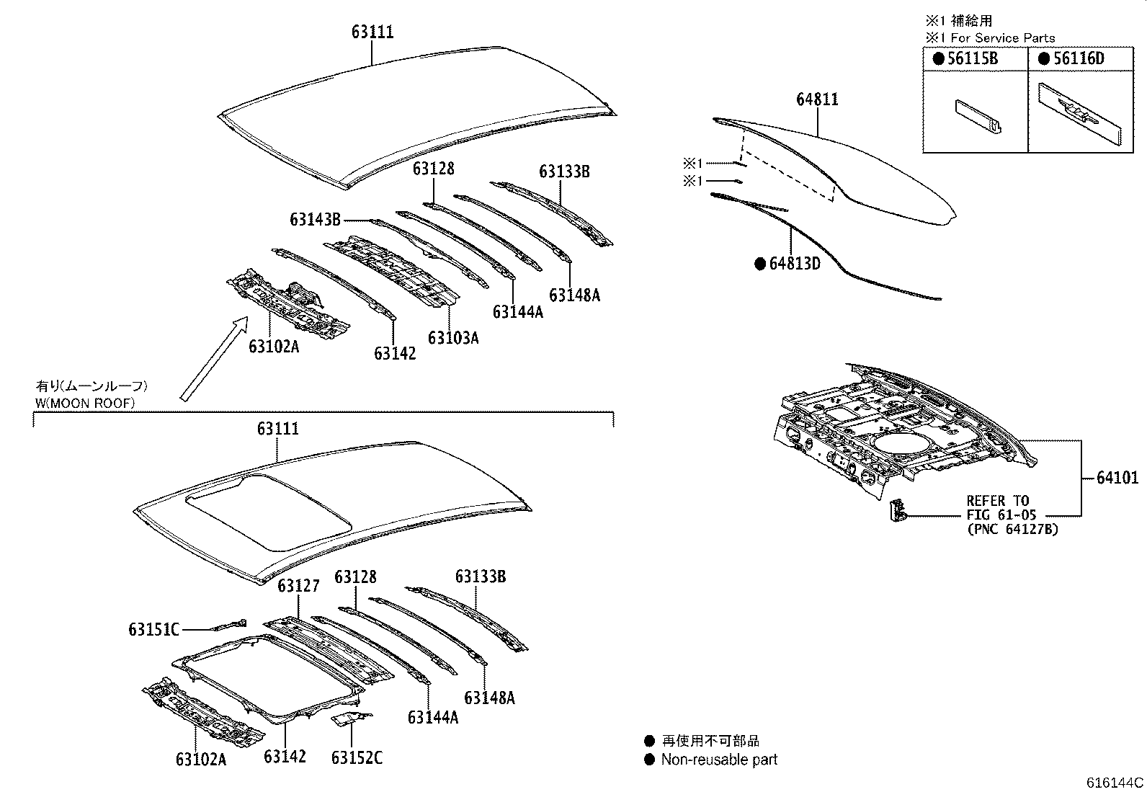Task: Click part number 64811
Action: (817, 99)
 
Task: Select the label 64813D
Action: (795, 264)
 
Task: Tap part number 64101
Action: (1117, 478)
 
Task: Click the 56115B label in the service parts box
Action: (972, 59)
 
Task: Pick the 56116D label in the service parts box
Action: (1078, 59)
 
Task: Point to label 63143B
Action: (315, 220)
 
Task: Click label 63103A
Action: (452, 338)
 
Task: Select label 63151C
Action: (153, 630)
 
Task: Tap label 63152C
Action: (357, 757)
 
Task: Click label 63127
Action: (298, 585)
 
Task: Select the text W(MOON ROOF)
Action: (85, 404)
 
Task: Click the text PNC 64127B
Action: (1012, 530)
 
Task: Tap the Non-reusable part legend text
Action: (719, 759)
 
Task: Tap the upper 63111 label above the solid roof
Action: (372, 32)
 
